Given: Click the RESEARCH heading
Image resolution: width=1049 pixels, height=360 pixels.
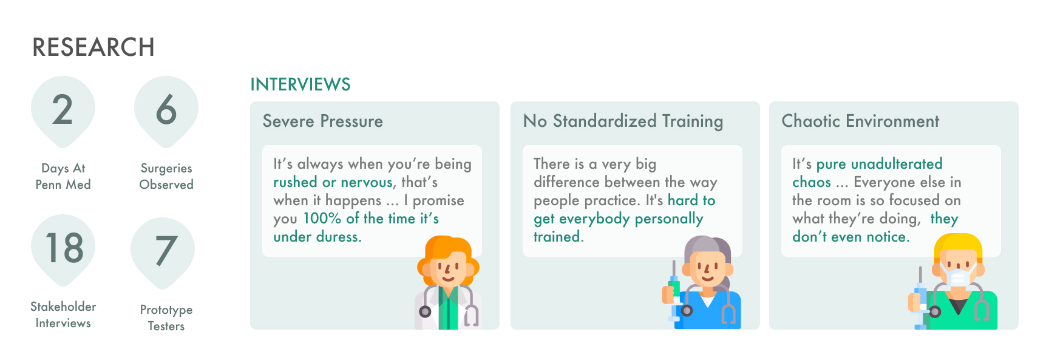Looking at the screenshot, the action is [x=93, y=47].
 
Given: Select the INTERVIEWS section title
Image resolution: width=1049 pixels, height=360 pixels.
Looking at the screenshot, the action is [x=300, y=84].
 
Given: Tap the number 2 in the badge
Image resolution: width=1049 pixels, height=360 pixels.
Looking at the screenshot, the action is [x=63, y=110].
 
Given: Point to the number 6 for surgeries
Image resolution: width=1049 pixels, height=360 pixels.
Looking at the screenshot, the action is [x=166, y=110].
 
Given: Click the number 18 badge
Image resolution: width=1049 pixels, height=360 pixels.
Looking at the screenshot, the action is [x=64, y=248].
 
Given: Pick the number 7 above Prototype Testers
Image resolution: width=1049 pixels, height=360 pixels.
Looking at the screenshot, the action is [x=164, y=251].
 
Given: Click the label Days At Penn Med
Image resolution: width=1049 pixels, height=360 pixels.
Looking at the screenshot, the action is [x=63, y=176].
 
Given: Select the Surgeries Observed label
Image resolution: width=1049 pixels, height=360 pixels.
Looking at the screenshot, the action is [x=166, y=176].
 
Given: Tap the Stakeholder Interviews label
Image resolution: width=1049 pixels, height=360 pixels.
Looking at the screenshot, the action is [x=63, y=314].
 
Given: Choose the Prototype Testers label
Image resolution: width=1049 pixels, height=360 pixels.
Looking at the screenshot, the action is [x=166, y=318].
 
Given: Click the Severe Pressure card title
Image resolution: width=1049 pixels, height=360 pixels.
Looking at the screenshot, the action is [x=323, y=121].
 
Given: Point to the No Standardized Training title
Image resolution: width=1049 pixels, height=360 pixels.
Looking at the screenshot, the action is [x=623, y=121].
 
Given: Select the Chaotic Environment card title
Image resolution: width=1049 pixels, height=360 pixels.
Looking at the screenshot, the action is [x=861, y=121].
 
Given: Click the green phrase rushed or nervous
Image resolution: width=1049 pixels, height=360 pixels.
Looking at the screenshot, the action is [x=333, y=182].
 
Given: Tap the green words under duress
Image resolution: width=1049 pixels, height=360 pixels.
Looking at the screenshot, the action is [x=317, y=237].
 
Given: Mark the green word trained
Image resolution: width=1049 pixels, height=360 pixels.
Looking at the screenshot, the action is [x=557, y=237].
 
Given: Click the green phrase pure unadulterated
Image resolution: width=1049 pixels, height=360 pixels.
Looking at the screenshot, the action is [x=880, y=164].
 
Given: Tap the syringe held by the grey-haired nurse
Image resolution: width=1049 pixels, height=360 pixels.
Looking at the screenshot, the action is [x=674, y=293].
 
